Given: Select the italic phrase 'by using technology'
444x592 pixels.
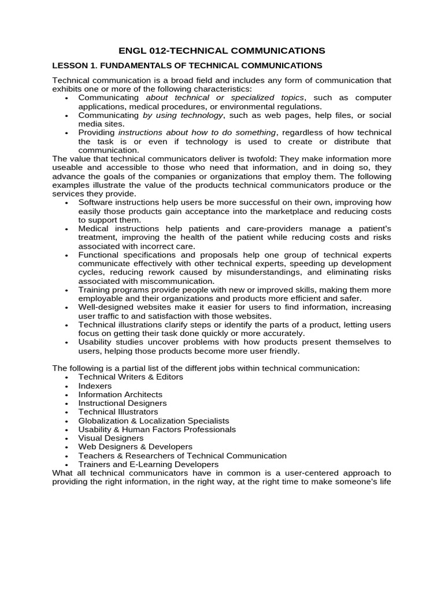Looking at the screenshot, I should (183, 116).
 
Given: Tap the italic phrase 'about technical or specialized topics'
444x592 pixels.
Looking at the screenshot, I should (225, 98).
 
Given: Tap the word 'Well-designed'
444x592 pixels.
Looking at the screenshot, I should (104, 307).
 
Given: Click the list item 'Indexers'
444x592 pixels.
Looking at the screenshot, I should (95, 386).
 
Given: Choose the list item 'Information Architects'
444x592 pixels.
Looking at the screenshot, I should (120, 394).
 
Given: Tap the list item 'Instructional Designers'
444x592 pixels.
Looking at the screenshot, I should (123, 403).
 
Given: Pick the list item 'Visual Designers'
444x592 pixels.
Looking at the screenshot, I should (111, 438).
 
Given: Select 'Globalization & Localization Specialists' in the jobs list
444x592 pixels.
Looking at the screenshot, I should (154, 421).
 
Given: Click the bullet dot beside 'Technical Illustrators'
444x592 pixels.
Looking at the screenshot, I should (67, 413).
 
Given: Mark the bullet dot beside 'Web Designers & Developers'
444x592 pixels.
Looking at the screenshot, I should (67, 448).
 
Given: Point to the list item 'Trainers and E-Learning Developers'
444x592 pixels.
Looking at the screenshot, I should (149, 464).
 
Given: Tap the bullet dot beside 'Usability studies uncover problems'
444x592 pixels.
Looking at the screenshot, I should (67, 343).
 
